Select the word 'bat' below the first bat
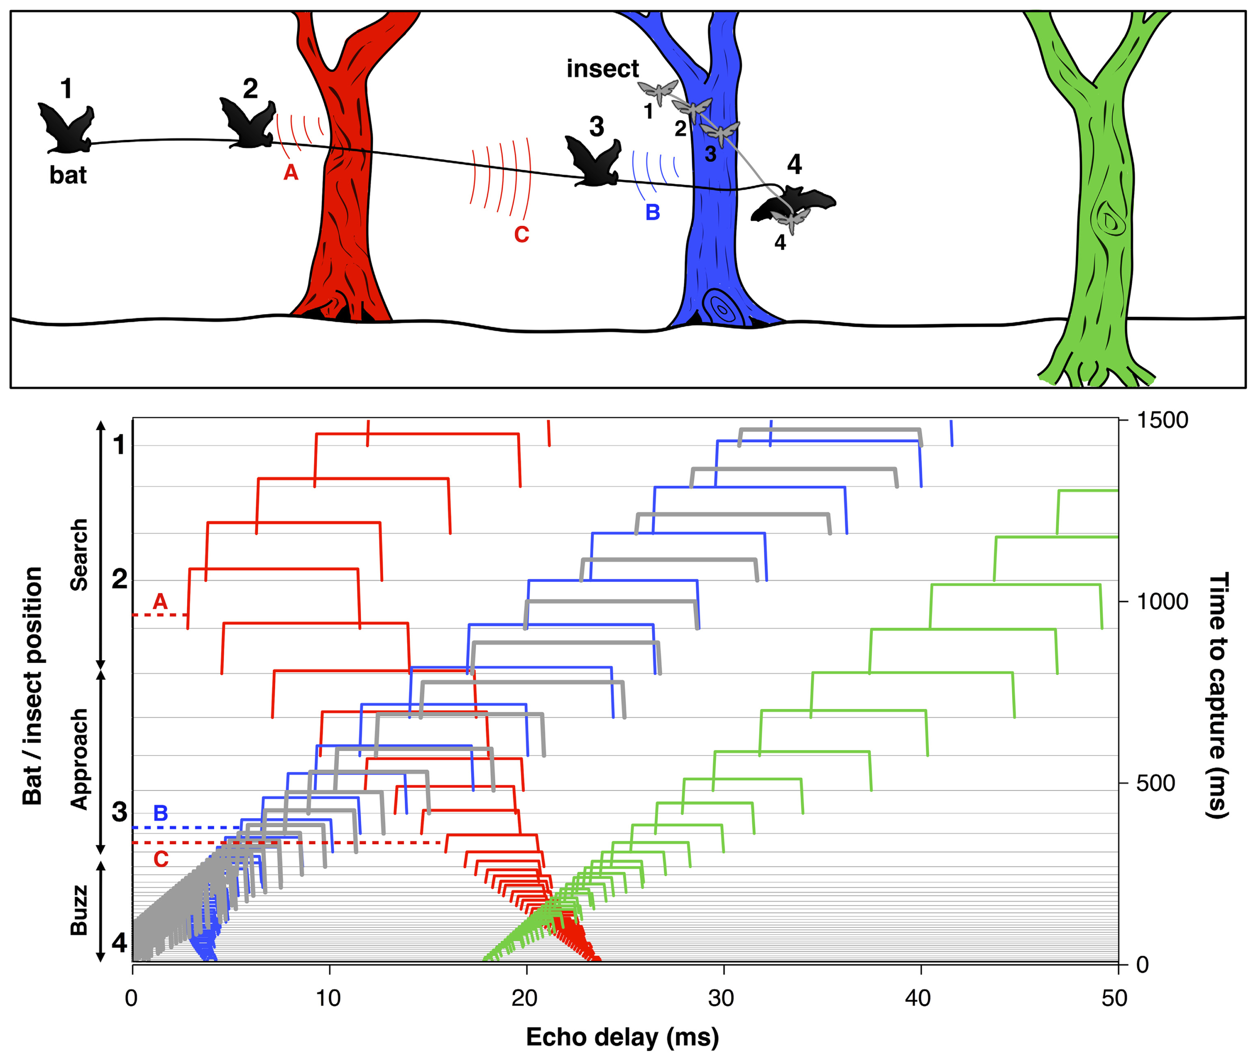(x=68, y=175)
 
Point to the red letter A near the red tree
(x=291, y=172)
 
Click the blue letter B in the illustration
(x=653, y=212)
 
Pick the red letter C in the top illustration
(x=521, y=234)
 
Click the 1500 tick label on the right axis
(x=1161, y=420)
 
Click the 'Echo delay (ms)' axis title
(x=622, y=1037)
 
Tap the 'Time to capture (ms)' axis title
(x=1218, y=695)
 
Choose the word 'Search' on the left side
(x=79, y=554)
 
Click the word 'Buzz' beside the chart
(x=79, y=911)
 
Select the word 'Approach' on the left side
(x=79, y=759)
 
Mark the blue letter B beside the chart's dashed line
(x=160, y=813)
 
